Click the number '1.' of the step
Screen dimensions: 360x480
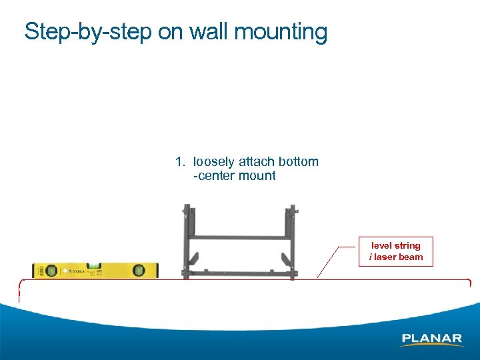[180, 161]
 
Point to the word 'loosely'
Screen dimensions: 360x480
[213, 161]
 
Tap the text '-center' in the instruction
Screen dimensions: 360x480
[212, 176]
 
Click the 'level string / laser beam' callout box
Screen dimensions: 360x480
[396, 251]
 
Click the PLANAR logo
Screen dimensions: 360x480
[431, 339]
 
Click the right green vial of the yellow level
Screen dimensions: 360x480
[139, 270]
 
